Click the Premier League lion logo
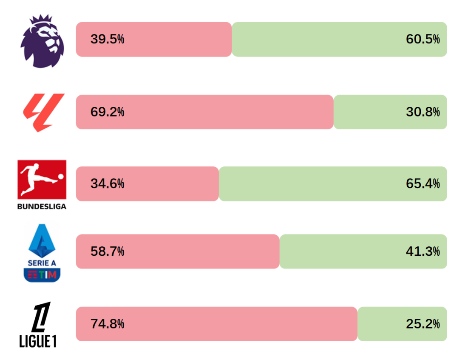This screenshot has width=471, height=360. (x=43, y=41)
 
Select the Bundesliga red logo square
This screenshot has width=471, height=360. (x=42, y=179)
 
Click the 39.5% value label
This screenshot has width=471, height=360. (x=107, y=40)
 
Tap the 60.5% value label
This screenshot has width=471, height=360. (x=423, y=40)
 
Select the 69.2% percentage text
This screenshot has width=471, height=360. (x=107, y=112)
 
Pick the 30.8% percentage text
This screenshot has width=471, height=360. (x=423, y=112)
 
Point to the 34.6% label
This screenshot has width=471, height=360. (x=107, y=184)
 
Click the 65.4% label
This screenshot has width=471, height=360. (x=423, y=184)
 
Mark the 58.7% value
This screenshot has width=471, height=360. (x=107, y=251)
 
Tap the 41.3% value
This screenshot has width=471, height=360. (x=423, y=251)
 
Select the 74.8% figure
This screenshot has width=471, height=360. (x=107, y=324)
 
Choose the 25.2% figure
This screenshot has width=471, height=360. (x=423, y=324)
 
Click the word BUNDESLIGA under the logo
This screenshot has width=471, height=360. (x=42, y=207)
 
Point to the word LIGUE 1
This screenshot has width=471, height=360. (x=38, y=341)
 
